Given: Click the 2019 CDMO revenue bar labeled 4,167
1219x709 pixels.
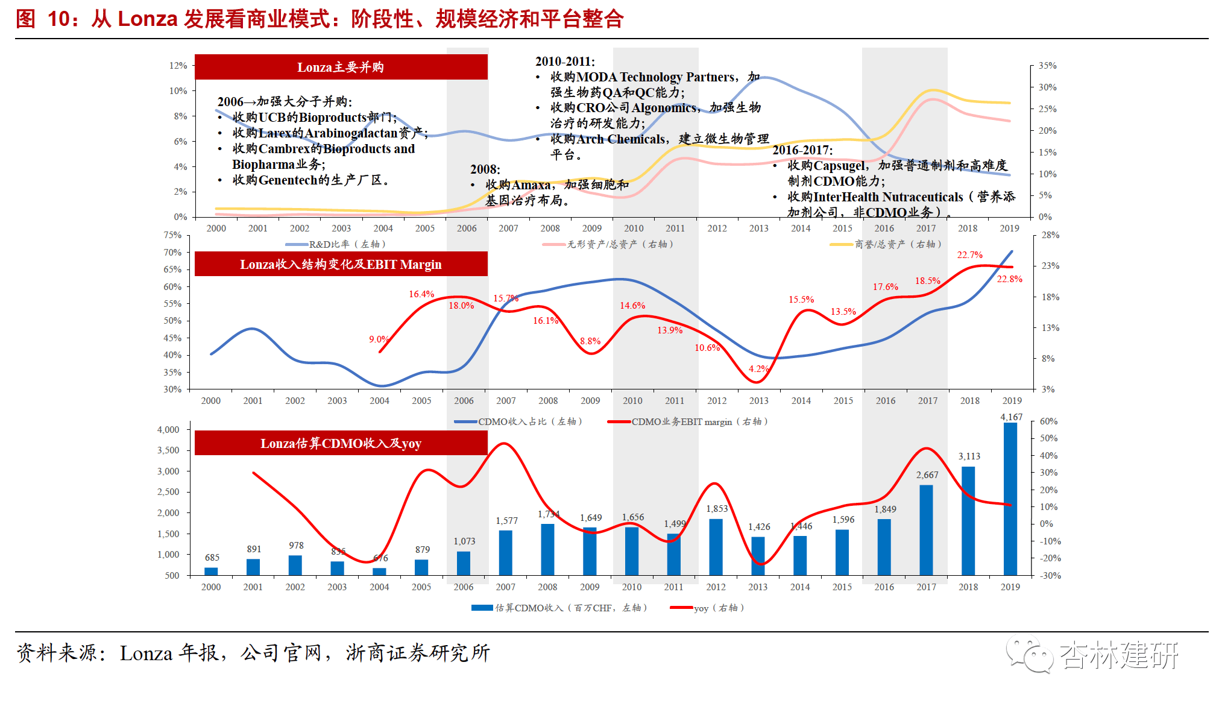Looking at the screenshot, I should pyautogui.click(x=1010, y=499).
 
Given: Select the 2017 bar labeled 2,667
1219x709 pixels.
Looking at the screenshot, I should pyautogui.click(x=926, y=530).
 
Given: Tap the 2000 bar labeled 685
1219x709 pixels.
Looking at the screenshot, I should pyautogui.click(x=211, y=571).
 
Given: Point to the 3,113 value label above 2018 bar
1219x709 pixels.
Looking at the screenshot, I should pyautogui.click(x=969, y=456).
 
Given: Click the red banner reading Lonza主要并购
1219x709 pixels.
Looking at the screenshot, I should pyautogui.click(x=341, y=67).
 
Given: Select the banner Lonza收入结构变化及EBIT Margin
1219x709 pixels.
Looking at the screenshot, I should pyautogui.click(x=341, y=264).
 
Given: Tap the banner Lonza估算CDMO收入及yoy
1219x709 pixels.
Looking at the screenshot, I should pyautogui.click(x=341, y=443).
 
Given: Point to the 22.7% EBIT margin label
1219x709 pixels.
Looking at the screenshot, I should pyautogui.click(x=969, y=255).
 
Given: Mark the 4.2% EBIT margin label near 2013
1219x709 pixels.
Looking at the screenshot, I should pyautogui.click(x=758, y=368).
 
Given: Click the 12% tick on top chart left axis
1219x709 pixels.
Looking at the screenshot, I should pyautogui.click(x=178, y=65).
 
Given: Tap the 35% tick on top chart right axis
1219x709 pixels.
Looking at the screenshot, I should pyautogui.click(x=1047, y=65).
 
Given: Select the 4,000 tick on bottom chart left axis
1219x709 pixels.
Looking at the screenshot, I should pyautogui.click(x=168, y=429).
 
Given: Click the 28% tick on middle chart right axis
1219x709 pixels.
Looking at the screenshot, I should pyautogui.click(x=1050, y=235).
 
